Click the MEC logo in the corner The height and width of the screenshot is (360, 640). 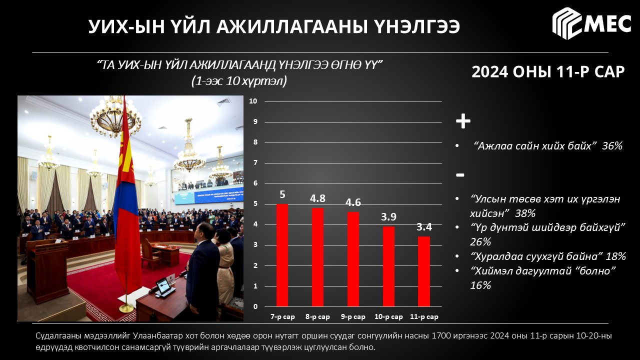click(591, 23)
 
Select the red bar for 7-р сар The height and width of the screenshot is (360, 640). click(282, 255)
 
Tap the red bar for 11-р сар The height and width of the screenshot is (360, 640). click(423, 271)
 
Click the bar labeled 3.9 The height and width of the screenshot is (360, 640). click(388, 266)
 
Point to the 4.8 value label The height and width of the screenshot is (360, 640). click(317, 198)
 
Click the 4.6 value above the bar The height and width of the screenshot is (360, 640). click(353, 202)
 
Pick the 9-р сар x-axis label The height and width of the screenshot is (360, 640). click(353, 317)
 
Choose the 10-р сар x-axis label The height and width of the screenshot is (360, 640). click(388, 317)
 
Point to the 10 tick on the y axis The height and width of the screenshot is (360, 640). click(253, 101)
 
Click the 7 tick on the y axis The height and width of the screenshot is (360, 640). click(255, 163)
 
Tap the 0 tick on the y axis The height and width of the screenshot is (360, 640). click(255, 306)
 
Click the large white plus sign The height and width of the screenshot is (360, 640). click(463, 121)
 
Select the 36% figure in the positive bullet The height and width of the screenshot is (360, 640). click(612, 146)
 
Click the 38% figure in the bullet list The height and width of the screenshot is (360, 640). click(525, 213)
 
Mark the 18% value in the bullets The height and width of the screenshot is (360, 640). click(615, 256)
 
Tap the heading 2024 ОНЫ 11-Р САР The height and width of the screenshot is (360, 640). click(548, 71)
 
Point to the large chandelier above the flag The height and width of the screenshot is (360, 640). click(115, 117)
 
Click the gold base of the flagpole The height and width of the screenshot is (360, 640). click(126, 308)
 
